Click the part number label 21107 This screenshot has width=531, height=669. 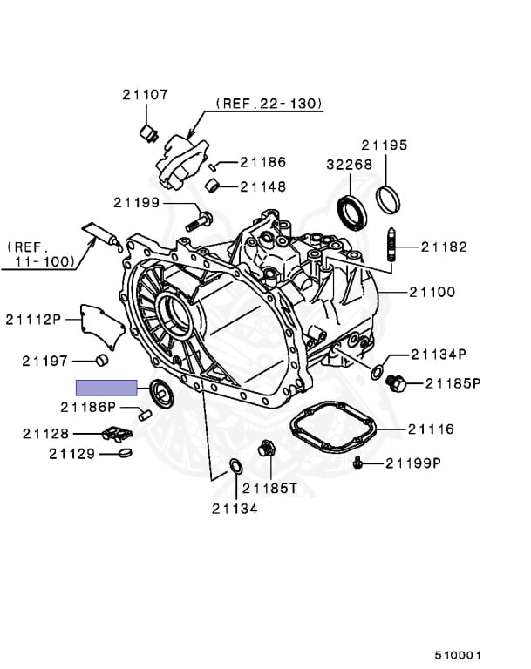click(145, 95)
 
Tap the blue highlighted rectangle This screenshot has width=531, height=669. click(107, 388)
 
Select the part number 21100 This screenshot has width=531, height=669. click(432, 292)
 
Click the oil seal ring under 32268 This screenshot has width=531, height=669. click(351, 212)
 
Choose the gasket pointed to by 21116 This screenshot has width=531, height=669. click(334, 431)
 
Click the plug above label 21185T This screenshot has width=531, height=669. click(267, 451)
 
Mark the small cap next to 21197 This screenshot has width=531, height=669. click(101, 361)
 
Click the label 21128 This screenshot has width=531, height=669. click(70, 433)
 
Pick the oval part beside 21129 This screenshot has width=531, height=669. click(123, 452)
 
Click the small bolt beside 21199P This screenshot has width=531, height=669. click(358, 463)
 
